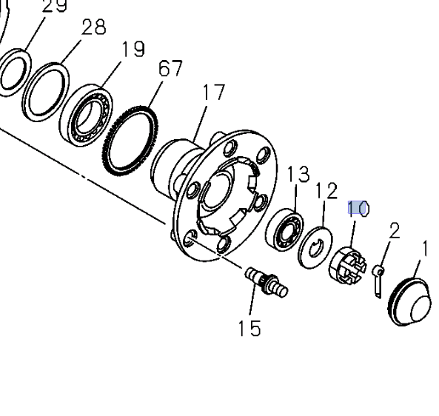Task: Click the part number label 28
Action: point(93,27)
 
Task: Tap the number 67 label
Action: point(170,69)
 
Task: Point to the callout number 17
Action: point(213,93)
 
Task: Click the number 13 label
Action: point(298,175)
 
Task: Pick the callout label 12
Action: point(326,191)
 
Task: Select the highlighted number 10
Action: point(358,209)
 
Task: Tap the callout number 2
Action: point(394,231)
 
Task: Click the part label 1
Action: point(425,248)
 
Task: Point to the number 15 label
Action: point(249,329)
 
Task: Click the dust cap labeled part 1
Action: point(410,302)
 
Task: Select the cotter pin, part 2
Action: point(378,281)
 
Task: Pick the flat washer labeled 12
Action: point(314,247)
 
